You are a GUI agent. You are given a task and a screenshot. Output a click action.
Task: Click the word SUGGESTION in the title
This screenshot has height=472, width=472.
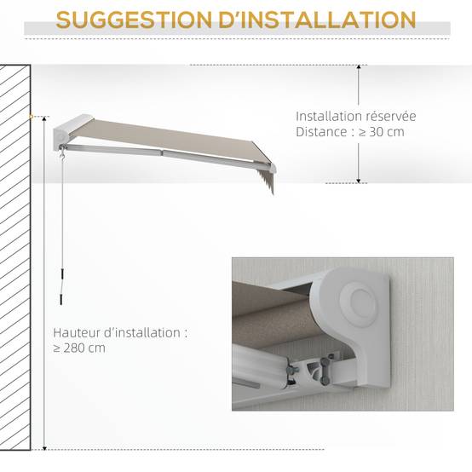click(x=134, y=20)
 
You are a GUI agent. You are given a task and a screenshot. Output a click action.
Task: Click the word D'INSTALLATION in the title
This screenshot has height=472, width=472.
click(x=317, y=20)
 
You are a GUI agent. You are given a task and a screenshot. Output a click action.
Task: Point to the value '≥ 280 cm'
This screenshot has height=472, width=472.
click(x=79, y=348)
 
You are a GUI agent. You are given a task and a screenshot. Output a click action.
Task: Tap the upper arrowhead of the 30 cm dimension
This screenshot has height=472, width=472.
click(x=359, y=66)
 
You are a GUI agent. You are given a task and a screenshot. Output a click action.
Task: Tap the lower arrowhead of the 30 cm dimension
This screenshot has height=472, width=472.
click(x=359, y=181)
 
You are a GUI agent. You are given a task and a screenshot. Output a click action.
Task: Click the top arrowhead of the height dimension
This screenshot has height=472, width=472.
click(x=44, y=118)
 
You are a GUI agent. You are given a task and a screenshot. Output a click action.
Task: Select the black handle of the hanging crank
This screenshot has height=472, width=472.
click(x=61, y=287)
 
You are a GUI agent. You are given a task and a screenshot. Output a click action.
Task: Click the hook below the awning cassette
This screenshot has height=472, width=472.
click(x=63, y=155)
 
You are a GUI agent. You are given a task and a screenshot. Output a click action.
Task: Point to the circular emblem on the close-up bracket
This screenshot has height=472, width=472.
click(x=359, y=302)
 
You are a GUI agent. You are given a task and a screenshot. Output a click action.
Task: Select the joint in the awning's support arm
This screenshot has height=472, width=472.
click(x=162, y=153)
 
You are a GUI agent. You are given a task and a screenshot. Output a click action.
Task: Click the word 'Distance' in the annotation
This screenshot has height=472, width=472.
click(x=321, y=132)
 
